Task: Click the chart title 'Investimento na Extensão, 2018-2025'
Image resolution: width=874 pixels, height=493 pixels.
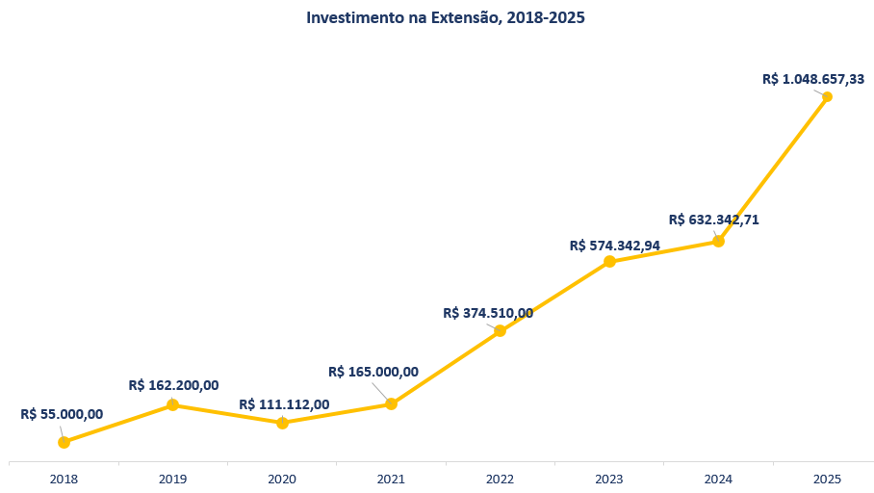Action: point(446,18)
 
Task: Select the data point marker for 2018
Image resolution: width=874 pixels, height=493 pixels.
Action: point(64,442)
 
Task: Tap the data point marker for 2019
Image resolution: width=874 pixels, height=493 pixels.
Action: point(173,404)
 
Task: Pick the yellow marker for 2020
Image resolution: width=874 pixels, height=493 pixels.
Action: point(283,423)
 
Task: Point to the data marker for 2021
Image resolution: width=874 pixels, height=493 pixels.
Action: point(392,403)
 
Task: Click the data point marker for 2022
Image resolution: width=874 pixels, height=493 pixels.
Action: point(500,330)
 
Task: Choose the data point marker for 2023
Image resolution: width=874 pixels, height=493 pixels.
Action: point(610,261)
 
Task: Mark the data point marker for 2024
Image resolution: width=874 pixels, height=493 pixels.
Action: point(718,241)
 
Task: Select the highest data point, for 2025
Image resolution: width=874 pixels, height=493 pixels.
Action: point(827,96)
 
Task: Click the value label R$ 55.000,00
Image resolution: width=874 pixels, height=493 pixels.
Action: point(62,414)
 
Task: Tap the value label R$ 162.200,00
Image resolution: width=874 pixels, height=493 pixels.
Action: point(173,385)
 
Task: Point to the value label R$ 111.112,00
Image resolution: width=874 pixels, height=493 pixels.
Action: point(284,404)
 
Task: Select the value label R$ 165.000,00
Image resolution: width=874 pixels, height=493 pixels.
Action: point(373,372)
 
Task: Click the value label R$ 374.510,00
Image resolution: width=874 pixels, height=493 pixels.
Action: point(488,313)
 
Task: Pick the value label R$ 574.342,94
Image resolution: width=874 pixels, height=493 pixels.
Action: point(615,246)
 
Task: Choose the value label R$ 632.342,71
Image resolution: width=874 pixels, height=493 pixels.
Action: point(714,220)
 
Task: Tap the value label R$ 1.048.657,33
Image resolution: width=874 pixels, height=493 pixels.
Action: point(813,79)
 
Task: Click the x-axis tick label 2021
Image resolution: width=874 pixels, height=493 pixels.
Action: point(392,480)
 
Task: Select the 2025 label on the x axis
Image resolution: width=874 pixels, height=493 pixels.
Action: point(827,480)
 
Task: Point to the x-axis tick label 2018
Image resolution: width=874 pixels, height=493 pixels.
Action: point(64,480)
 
